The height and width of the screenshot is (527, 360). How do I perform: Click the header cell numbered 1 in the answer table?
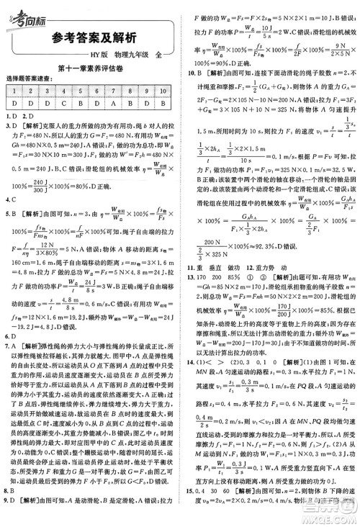(14, 91)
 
